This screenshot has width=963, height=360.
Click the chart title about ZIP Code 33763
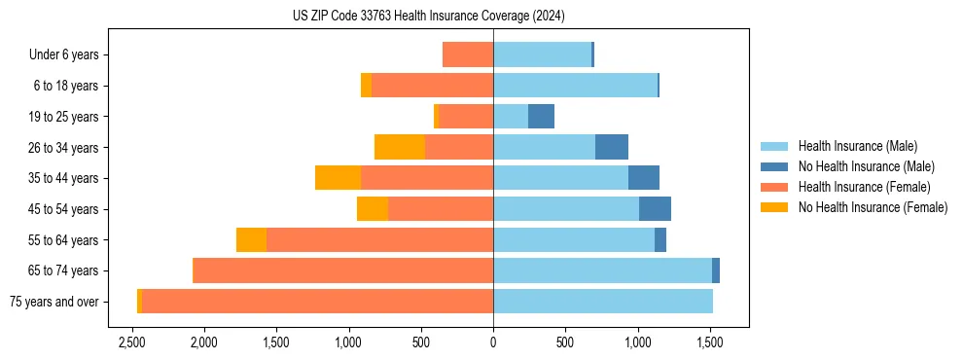click(428, 17)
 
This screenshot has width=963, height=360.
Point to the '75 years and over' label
click(54, 302)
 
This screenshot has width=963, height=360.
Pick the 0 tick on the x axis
click(493, 342)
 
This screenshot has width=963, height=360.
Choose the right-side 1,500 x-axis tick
click(710, 342)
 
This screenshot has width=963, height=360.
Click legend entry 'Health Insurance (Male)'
click(857, 146)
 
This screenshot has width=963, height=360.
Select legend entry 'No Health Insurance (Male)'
click(866, 166)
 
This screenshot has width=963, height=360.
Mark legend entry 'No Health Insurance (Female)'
click(873, 207)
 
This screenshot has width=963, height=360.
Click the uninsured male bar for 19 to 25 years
click(541, 117)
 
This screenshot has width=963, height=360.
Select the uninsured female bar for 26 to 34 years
click(400, 147)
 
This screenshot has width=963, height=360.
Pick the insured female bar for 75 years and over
click(317, 302)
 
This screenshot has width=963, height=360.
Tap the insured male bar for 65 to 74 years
click(602, 270)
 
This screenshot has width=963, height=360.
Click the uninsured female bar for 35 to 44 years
click(339, 178)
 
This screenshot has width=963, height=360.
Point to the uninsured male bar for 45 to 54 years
click(655, 209)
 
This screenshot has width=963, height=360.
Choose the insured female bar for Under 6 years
click(468, 54)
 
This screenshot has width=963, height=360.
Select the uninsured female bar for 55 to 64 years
click(251, 239)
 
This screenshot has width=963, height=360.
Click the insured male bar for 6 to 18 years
click(575, 86)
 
